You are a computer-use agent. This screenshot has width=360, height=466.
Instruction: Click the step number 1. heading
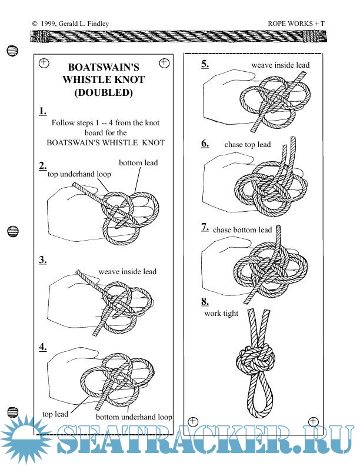click(x=43, y=111)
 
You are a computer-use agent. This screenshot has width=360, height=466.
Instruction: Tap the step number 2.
click(x=43, y=165)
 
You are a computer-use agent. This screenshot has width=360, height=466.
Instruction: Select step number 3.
click(x=43, y=259)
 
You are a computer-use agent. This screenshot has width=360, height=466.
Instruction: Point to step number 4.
click(x=43, y=347)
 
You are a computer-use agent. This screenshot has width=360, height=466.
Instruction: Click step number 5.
click(x=205, y=64)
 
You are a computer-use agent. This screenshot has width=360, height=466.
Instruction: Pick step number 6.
click(x=205, y=144)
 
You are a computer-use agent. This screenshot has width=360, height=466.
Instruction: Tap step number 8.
click(x=205, y=302)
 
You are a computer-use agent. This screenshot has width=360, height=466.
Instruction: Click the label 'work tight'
click(x=221, y=313)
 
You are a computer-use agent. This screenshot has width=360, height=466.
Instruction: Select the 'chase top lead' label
click(x=248, y=145)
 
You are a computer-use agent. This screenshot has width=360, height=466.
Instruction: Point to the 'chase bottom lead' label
click(x=242, y=229)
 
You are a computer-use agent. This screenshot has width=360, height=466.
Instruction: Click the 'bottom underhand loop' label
click(x=134, y=417)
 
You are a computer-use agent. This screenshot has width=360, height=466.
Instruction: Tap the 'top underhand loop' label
click(x=79, y=174)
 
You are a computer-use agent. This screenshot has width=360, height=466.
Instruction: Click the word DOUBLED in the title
click(x=103, y=92)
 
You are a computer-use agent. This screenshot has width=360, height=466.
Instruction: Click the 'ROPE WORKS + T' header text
click(x=296, y=24)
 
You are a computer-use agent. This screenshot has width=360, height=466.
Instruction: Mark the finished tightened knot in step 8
click(x=256, y=358)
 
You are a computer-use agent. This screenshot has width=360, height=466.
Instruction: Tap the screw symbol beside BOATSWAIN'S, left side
click(x=44, y=62)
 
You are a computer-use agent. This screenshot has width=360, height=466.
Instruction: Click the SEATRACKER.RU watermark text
click(x=200, y=442)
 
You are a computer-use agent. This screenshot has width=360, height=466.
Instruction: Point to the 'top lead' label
click(x=55, y=414)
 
